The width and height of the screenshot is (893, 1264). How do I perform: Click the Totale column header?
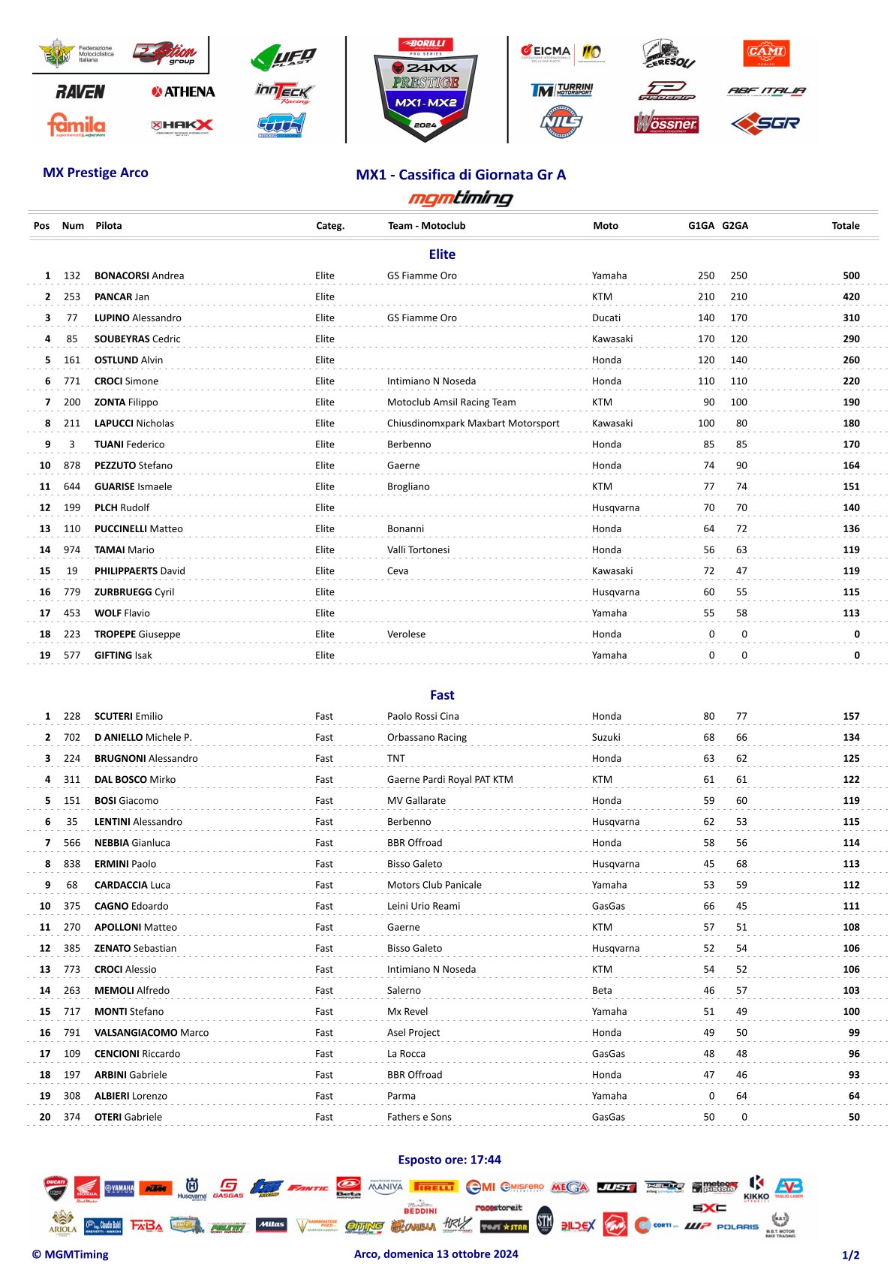pyautogui.click(x=845, y=226)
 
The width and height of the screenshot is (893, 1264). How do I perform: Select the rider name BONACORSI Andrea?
pyautogui.click(x=139, y=275)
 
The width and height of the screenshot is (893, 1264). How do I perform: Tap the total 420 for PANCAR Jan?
pyautogui.click(x=851, y=296)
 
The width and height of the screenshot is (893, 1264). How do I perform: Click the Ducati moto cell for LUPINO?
pyautogui.click(x=606, y=318)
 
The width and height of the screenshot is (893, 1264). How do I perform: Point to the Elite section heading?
pyautogui.click(x=442, y=254)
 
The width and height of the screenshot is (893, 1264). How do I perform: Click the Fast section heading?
pyautogui.click(x=442, y=695)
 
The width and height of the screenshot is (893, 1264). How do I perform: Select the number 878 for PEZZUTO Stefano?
pyautogui.click(x=72, y=465)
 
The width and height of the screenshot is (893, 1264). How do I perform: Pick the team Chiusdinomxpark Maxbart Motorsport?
pyautogui.click(x=473, y=423)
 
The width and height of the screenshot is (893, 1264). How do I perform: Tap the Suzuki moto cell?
pyautogui.click(x=606, y=737)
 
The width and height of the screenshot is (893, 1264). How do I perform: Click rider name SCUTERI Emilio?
pyautogui.click(x=128, y=716)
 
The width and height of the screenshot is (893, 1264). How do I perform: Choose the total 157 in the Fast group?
pyautogui.click(x=851, y=716)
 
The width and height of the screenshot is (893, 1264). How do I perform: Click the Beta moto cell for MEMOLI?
pyautogui.click(x=602, y=990)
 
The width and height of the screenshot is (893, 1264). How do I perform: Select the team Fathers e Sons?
pyautogui.click(x=419, y=1117)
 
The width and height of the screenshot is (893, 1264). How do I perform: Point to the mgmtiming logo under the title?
pyautogui.click(x=460, y=198)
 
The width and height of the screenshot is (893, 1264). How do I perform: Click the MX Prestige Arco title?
pyautogui.click(x=95, y=173)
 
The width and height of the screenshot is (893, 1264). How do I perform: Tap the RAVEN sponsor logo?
pyautogui.click(x=80, y=92)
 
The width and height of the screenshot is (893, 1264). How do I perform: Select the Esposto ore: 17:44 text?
pyautogui.click(x=449, y=1160)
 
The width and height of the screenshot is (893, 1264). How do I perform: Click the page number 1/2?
pyautogui.click(x=850, y=1255)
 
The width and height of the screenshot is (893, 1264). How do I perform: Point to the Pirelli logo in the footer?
pyautogui.click(x=434, y=1187)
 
